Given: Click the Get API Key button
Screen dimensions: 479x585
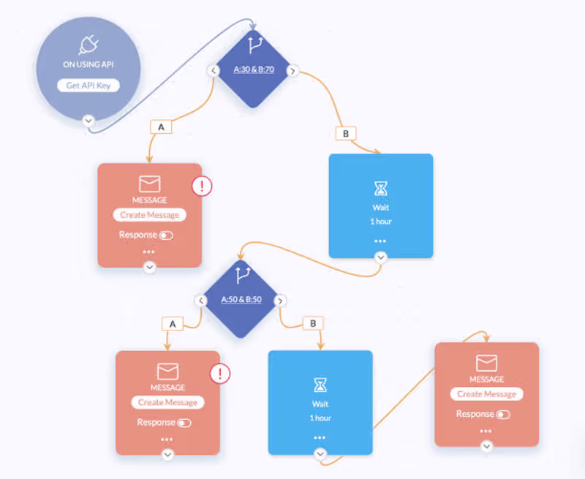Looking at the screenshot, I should coord(88,86).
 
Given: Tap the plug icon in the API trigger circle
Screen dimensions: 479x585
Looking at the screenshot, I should coord(88,43).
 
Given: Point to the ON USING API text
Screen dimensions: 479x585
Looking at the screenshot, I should coord(88,65).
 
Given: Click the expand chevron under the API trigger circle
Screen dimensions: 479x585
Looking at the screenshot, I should coord(88,121).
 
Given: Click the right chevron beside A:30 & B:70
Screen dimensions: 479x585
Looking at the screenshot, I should coord(292,71).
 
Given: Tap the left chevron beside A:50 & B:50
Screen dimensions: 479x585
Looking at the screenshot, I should coord(201,301).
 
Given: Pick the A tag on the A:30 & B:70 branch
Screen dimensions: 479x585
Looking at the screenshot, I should coord(161,127).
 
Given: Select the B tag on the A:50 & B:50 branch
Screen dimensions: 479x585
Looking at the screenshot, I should coord(313,323).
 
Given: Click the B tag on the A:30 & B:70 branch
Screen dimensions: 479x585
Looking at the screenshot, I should coord(344,134).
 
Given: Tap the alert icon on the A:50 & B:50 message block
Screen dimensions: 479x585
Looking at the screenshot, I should coord(220,374).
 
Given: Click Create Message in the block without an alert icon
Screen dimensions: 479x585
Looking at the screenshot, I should coord(486,394).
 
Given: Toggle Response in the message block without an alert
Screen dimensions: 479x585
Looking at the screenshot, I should coord(503,415).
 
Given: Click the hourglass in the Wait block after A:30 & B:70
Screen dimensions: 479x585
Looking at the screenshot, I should coord(381,189).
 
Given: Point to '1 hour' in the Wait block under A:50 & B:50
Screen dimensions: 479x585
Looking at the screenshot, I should coord(320,418).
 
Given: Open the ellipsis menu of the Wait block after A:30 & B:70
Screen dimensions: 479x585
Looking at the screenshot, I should coord(380,241).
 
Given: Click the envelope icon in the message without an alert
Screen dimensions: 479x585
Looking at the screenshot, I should coord(486,363).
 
